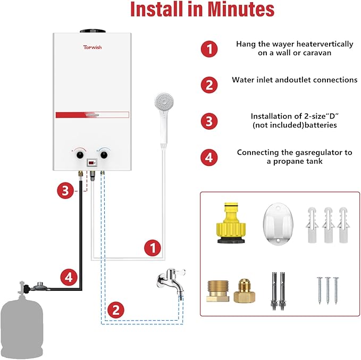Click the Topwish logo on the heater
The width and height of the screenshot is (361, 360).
click(x=93, y=47)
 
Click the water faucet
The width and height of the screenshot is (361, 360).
click(x=170, y=280)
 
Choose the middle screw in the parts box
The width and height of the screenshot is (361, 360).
click(x=328, y=289)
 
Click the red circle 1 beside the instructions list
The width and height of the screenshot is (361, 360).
click(x=209, y=49)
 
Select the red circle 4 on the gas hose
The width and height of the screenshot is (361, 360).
click(x=68, y=277)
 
